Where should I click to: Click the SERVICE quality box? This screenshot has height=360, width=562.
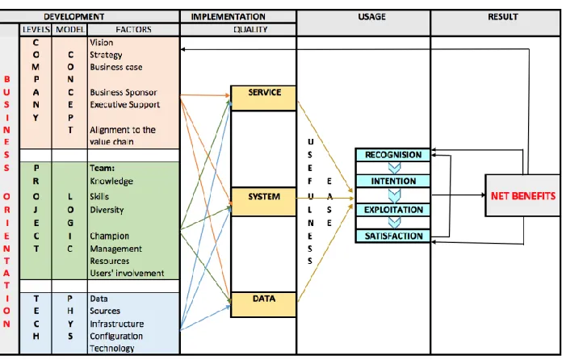click(263, 98)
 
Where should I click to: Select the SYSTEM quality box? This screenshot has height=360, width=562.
click(263, 202)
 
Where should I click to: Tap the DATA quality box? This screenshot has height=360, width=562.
click(263, 304)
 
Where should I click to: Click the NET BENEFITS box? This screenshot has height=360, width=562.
click(523, 195)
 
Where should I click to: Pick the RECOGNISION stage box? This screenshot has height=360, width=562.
click(392, 155)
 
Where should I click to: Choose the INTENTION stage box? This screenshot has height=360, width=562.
click(392, 182)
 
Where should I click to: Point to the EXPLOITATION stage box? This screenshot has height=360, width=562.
click(392, 210)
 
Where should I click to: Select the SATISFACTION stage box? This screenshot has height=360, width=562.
click(392, 236)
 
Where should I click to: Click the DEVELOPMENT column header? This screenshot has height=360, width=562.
click(73, 17)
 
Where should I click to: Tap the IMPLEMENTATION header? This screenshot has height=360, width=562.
click(228, 17)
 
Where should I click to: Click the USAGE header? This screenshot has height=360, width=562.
click(371, 16)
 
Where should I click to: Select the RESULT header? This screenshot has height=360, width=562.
click(502, 16)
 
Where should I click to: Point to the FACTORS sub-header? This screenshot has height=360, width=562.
click(133, 29)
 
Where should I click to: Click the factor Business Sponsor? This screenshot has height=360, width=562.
click(124, 92)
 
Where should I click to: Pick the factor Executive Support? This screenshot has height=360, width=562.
click(124, 105)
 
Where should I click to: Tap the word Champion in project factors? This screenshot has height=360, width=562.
click(109, 236)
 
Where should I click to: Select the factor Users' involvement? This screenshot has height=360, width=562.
click(127, 274)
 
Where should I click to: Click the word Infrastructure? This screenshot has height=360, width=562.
click(117, 324)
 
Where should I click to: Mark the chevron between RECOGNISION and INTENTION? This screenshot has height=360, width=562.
click(394, 168)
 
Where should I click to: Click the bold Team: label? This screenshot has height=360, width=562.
click(102, 168)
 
